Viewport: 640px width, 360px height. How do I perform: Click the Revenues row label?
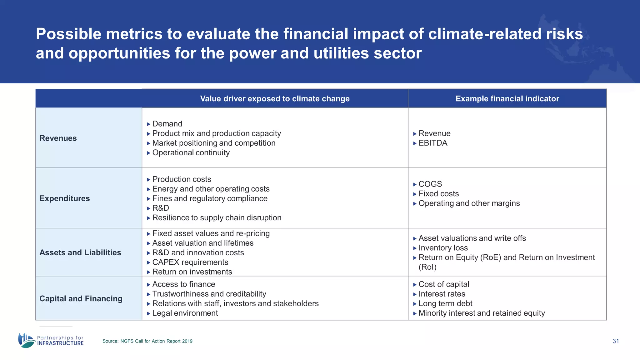[x=58, y=138]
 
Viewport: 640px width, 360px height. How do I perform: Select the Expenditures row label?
[x=65, y=198]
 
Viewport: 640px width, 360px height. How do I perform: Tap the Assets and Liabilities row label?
[x=80, y=252]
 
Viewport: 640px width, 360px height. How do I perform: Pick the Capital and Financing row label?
[x=81, y=298]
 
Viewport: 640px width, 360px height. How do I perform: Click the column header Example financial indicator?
[x=507, y=99]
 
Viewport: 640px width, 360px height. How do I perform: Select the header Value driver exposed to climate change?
[x=275, y=99]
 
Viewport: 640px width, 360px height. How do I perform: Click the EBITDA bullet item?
[x=433, y=143]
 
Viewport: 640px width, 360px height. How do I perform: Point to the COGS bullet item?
[x=430, y=184]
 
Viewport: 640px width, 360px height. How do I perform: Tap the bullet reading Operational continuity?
[x=191, y=153]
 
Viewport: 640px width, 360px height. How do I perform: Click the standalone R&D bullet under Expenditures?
[x=161, y=208]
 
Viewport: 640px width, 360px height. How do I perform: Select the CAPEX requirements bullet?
[x=190, y=262]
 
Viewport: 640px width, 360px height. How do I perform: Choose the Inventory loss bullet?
[x=443, y=248]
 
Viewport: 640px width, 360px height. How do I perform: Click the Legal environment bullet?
[x=185, y=313]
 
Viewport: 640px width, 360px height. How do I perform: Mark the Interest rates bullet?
[x=442, y=294]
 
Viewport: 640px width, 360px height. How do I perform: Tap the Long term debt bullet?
[x=445, y=303]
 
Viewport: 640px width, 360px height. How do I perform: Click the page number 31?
[x=616, y=341]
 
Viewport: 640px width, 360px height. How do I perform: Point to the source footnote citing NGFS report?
[x=147, y=341]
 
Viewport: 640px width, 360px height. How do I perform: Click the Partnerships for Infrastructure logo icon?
[x=26, y=340]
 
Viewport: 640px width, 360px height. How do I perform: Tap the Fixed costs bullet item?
[x=438, y=194]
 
